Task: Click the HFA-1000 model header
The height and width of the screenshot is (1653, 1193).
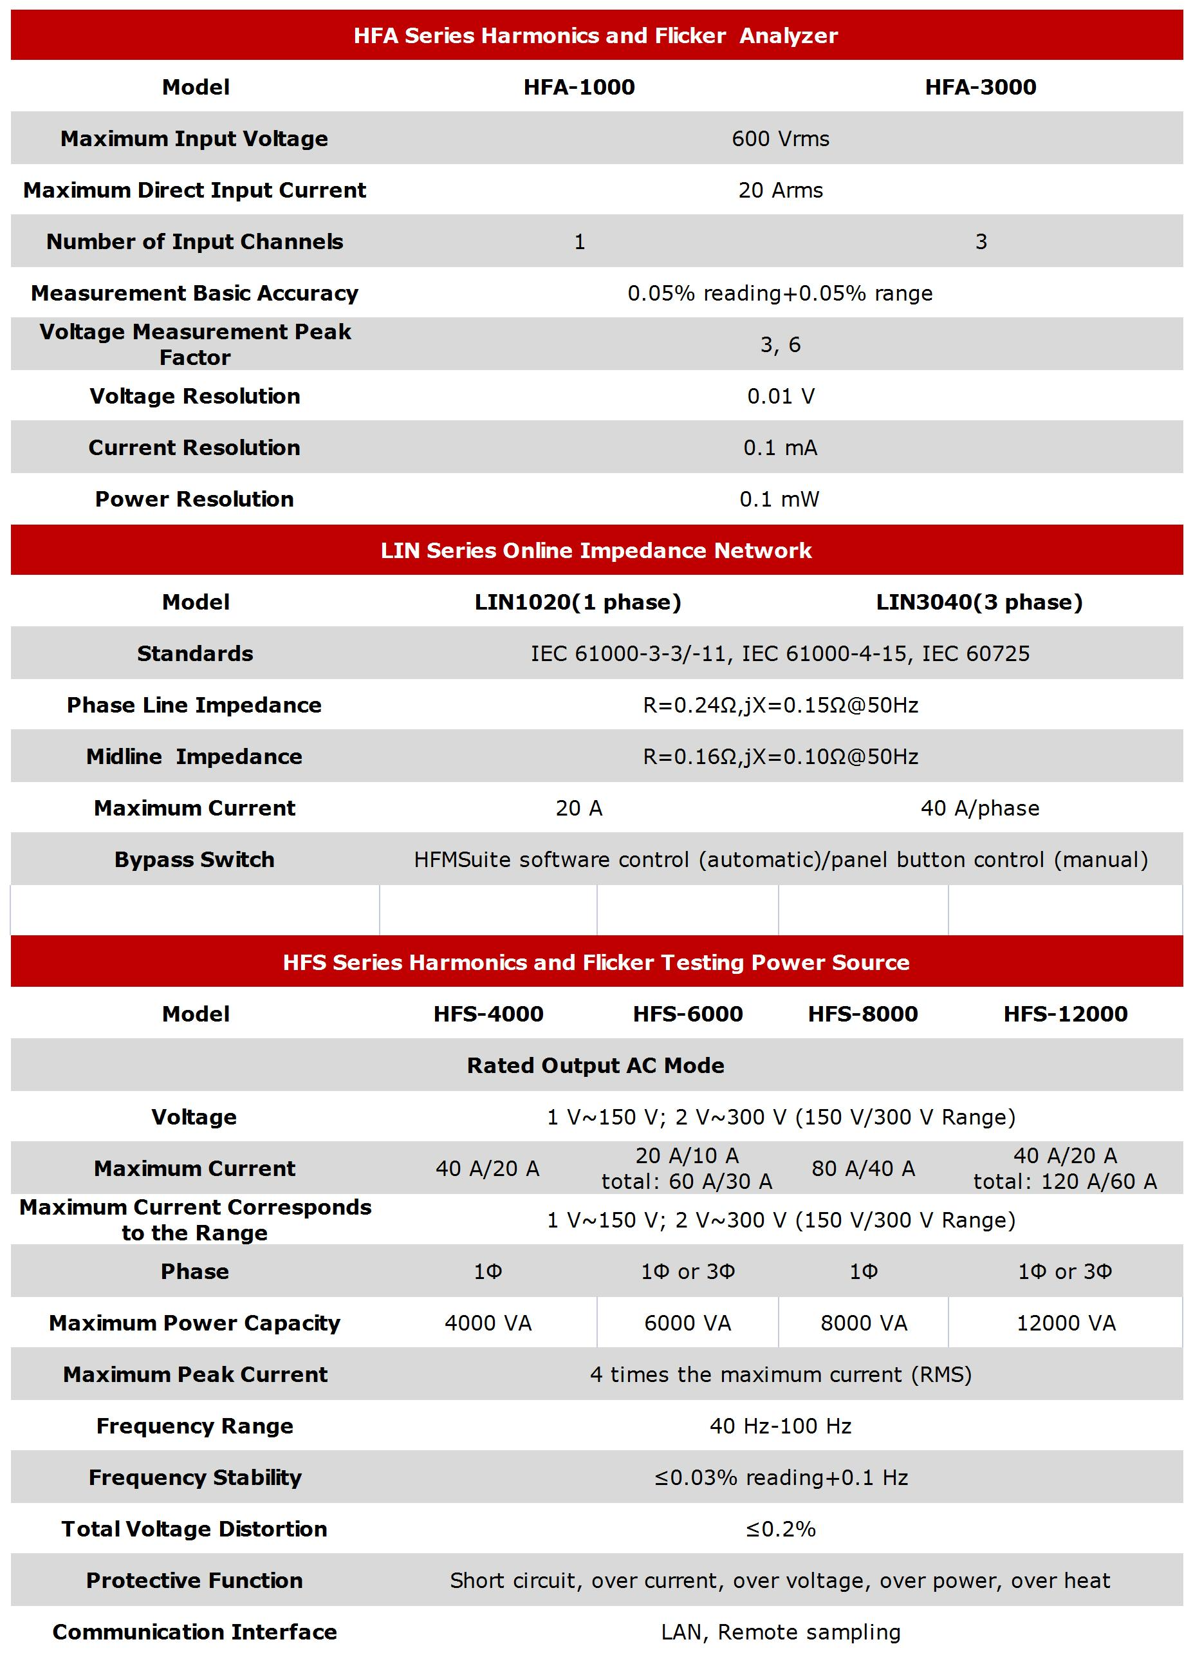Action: point(578,87)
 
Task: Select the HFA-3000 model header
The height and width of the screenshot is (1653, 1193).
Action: point(980,87)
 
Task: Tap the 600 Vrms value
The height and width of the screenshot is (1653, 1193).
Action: point(780,138)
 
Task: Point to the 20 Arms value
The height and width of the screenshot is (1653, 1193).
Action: point(780,191)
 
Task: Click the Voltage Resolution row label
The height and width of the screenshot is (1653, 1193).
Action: point(194,396)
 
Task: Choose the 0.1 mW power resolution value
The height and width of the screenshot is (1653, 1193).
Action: point(779,500)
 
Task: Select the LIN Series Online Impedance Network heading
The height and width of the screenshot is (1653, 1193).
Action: point(595,550)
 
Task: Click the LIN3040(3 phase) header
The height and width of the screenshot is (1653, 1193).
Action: point(979,602)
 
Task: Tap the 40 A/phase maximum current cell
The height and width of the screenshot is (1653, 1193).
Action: point(979,808)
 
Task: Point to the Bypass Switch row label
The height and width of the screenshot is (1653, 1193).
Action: point(194,860)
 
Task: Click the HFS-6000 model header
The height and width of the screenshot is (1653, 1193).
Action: point(687,1014)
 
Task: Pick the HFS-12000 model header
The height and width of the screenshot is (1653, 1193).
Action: point(1065,1014)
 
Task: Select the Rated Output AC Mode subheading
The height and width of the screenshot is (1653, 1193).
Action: point(595,1065)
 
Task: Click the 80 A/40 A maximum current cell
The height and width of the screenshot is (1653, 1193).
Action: point(863,1169)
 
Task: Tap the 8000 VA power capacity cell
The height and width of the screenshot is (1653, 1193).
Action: point(864,1323)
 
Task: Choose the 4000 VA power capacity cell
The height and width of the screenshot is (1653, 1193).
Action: point(488,1323)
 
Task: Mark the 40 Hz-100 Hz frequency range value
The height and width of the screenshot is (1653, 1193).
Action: point(780,1426)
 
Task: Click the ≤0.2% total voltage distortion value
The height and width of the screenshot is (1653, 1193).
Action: point(780,1529)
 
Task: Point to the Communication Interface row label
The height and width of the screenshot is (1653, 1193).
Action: point(194,1632)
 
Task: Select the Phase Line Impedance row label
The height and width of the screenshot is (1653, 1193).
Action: point(194,705)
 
